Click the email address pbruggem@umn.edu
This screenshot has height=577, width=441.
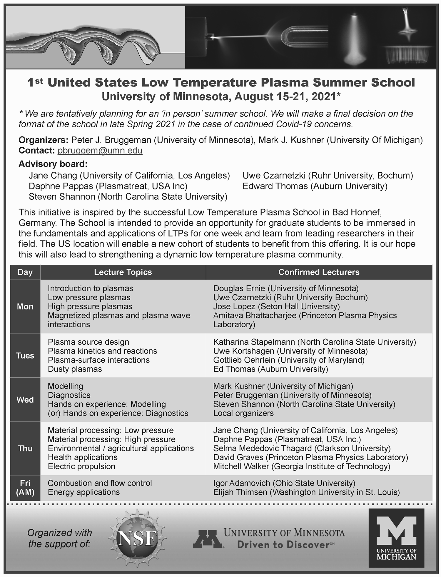tap(100, 151)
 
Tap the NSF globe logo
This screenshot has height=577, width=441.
tap(137, 538)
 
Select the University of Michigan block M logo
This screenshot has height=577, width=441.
tap(396, 538)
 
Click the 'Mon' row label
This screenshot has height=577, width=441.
tap(25, 306)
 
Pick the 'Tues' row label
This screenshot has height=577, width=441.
tap(25, 355)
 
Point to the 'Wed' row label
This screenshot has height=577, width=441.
tap(25, 400)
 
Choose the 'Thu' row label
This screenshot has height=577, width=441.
tap(25, 448)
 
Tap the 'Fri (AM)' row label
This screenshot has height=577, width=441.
tap(25, 488)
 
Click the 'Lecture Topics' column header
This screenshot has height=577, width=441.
tap(123, 272)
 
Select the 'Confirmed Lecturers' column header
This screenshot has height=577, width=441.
tap(319, 272)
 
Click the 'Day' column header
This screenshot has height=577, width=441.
tap(25, 272)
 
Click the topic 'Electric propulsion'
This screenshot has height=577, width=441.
tap(81, 466)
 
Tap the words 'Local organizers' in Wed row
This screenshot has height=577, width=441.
tap(243, 413)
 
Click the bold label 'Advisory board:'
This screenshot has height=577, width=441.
tap(53, 164)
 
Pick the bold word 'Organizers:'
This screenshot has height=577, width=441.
tap(44, 140)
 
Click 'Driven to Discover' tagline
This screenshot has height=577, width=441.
tap(283, 545)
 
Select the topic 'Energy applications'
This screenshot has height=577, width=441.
tap(84, 492)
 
